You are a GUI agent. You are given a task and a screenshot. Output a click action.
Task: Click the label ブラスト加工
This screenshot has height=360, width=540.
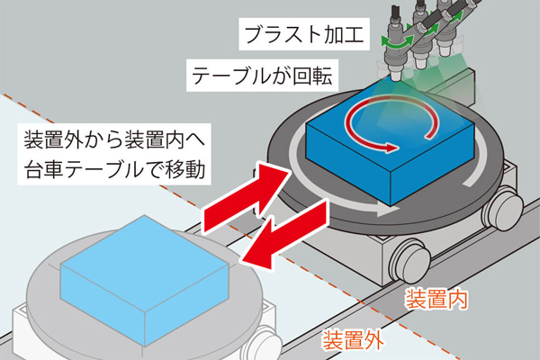(304, 35)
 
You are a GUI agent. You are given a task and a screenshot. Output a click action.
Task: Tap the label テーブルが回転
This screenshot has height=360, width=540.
(262, 76)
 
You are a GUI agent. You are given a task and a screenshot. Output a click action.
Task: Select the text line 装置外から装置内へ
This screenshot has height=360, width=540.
(114, 139)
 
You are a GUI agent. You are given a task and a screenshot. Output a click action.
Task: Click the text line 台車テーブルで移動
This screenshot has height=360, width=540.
(114, 169)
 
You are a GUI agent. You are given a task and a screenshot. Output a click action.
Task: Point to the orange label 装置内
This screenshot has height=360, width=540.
(436, 300)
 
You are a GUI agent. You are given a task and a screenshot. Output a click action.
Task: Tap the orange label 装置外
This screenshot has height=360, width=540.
(353, 340)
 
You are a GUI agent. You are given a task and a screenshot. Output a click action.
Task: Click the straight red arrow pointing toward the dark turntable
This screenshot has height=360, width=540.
(245, 197)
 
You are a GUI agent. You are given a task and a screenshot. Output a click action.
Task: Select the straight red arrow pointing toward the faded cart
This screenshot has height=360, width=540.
(283, 235)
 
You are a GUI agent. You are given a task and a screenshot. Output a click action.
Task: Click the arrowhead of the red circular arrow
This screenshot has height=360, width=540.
(391, 148)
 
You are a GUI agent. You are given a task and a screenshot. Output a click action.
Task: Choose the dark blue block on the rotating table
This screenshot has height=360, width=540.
(390, 146)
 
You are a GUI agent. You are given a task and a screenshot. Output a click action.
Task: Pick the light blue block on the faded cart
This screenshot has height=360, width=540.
(145, 280)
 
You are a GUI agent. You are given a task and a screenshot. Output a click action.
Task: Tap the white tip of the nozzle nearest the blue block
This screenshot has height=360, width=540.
(396, 76)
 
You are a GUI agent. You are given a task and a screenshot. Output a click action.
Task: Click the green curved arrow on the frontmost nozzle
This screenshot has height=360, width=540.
(397, 42)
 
